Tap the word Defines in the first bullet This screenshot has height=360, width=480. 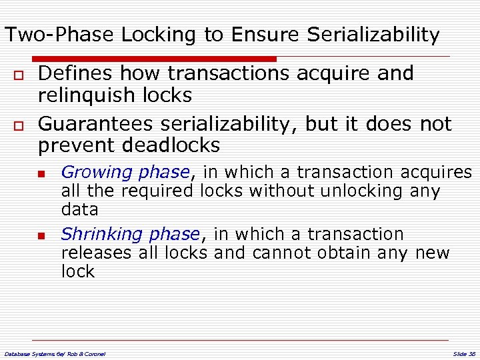pyautogui.click(x=73, y=73)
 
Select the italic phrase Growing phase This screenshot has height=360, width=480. pyautogui.click(x=125, y=172)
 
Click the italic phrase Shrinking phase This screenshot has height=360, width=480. pyautogui.click(x=130, y=234)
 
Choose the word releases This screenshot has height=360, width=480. pyautogui.click(x=94, y=253)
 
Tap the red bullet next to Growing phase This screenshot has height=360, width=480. pyautogui.click(x=41, y=173)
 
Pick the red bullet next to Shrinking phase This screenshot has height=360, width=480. pyautogui.click(x=41, y=235)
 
